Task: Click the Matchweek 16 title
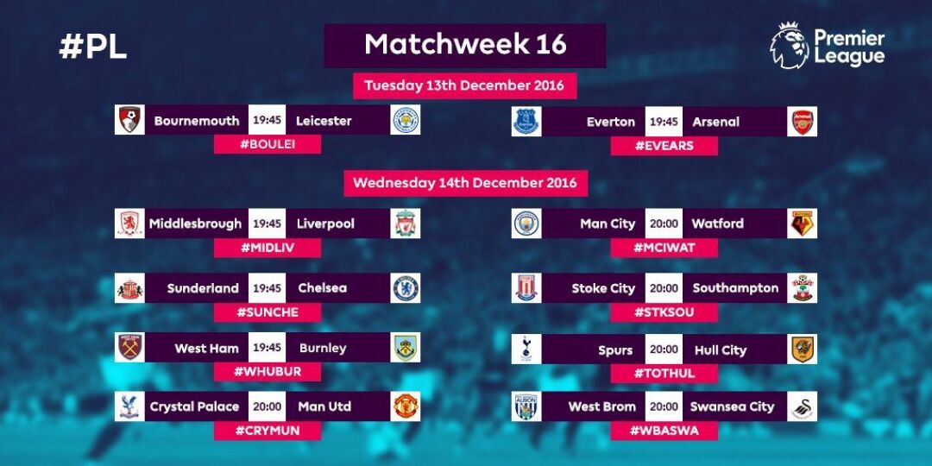pos(465,45)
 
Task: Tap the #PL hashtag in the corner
pos(92,47)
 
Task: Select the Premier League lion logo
pos(790,47)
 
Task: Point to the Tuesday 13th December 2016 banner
pos(464,85)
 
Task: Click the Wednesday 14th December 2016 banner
pos(465,182)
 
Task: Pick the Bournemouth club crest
pos(129,120)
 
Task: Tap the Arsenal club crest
pos(803,122)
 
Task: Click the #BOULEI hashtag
pos(268,144)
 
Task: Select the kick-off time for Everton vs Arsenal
pos(664,122)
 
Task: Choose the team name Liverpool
pos(325,224)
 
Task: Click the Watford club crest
pos(803,224)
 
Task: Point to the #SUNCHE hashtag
pos(268,312)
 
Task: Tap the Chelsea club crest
pos(406,288)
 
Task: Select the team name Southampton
pos(735,288)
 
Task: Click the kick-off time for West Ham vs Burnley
pos(267,348)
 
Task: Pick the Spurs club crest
pos(526,349)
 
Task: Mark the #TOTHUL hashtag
pos(664,374)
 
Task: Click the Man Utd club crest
pos(406,406)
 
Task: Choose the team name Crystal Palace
pos(194,407)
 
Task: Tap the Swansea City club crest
pos(803,406)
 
